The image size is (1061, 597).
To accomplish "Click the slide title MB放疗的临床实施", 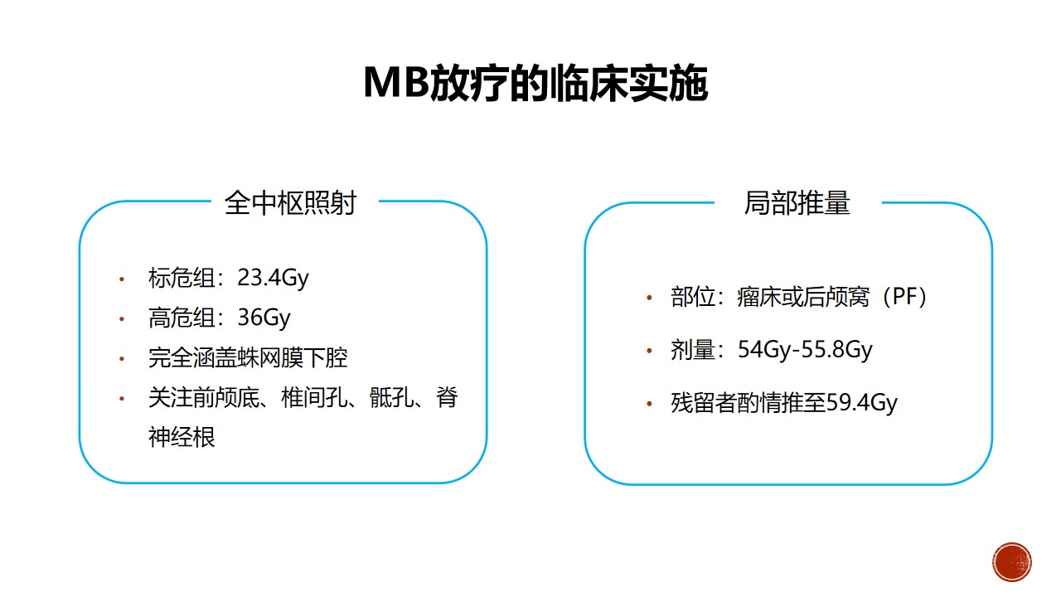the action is (x=535, y=83).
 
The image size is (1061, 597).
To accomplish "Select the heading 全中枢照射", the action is (x=290, y=203).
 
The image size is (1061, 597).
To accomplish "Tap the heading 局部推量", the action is (x=797, y=203).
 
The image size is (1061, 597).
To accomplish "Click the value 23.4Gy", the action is (x=273, y=278).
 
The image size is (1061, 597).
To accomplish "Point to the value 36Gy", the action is (x=264, y=318).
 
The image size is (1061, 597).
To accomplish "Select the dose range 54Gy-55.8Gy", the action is (x=805, y=350).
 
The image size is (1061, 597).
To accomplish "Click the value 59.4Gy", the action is (x=861, y=403).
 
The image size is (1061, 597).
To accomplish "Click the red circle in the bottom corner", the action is (x=1012, y=562).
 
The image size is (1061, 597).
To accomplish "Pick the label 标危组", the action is (x=182, y=278).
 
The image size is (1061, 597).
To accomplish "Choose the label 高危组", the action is (x=182, y=318).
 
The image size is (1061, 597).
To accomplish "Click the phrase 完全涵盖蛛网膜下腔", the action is (x=248, y=357).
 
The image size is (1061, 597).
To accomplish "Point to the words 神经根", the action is (x=182, y=437).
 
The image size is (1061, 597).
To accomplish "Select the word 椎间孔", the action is (x=314, y=397).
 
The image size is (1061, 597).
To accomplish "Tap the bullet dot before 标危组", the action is (x=122, y=279).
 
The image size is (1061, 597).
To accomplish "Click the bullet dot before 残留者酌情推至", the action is (x=649, y=404).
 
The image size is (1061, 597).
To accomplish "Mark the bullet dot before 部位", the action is (x=649, y=298).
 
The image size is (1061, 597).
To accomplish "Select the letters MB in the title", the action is (x=396, y=82).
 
